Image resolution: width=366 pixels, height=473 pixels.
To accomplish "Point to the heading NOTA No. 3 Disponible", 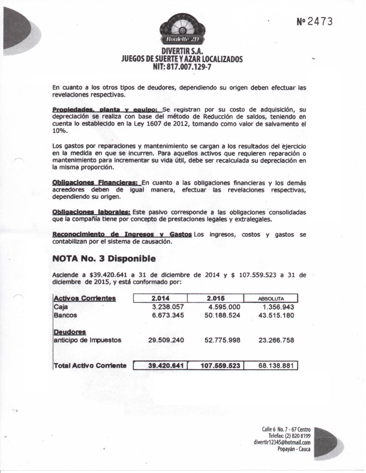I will pyautogui.click(x=104, y=258).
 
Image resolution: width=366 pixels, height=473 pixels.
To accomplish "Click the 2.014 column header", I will pyautogui.click(x=160, y=298).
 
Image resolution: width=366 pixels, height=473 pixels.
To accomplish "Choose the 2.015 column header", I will pyautogui.click(x=215, y=298).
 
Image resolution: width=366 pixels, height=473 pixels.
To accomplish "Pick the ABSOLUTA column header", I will pyautogui.click(x=271, y=299).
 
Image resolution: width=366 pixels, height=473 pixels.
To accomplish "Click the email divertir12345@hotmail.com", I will pyautogui.click(x=282, y=442).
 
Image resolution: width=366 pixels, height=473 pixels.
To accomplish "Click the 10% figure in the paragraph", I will pyautogui.click(x=60, y=131).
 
